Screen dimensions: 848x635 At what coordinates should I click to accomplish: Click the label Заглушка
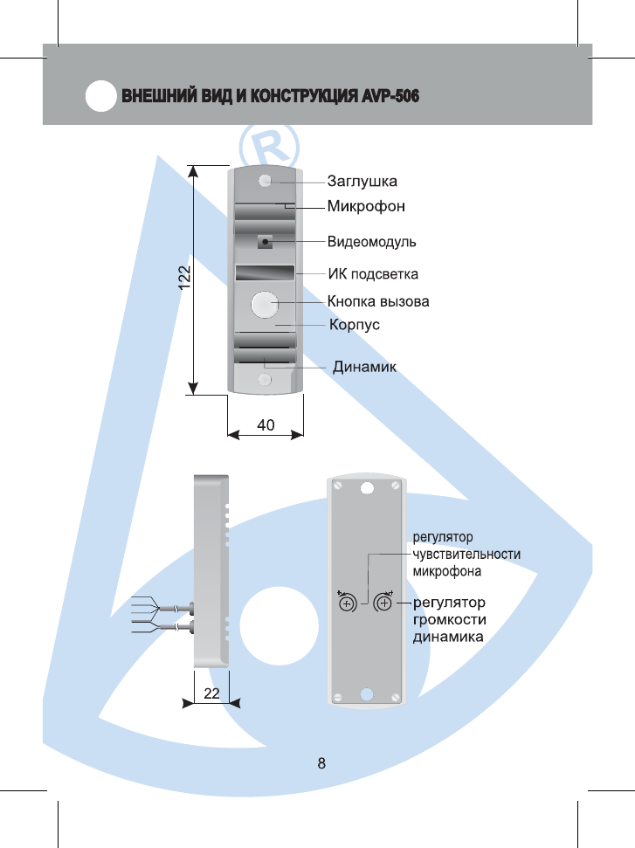click(362, 182)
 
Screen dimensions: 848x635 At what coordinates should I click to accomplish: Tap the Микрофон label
click(367, 207)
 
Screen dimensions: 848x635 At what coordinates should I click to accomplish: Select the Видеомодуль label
click(371, 240)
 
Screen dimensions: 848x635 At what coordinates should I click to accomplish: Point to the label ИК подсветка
click(373, 274)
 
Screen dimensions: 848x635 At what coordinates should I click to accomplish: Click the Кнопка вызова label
click(378, 302)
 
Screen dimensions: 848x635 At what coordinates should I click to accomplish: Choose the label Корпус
click(354, 325)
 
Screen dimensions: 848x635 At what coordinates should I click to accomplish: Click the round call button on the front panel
click(264, 304)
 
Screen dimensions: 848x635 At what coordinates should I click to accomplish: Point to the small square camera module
click(265, 241)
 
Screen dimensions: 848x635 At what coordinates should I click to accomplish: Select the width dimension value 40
click(266, 424)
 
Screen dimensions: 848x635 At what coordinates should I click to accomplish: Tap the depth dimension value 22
click(211, 693)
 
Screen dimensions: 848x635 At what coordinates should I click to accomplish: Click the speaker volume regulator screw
click(383, 603)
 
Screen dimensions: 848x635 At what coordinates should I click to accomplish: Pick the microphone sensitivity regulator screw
click(346, 604)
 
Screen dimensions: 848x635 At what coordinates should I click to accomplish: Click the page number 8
click(321, 763)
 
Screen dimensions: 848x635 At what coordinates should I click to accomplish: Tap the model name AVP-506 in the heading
click(390, 95)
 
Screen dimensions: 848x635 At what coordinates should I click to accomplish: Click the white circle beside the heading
click(101, 96)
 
